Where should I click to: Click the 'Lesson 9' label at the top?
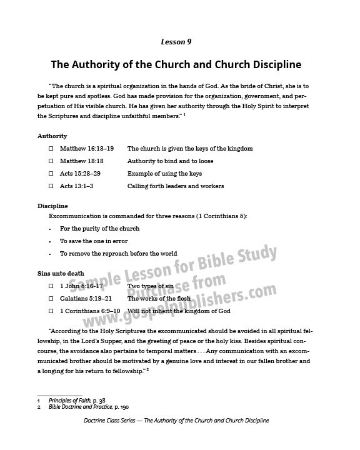179,42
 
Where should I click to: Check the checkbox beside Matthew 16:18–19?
51,149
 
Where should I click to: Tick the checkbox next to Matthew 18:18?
51,161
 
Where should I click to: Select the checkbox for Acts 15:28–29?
51,174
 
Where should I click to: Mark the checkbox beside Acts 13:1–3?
51,186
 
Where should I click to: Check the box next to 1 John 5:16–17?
51,286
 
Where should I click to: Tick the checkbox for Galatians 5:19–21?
51,299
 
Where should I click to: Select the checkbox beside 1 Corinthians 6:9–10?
51,311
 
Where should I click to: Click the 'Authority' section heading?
52,136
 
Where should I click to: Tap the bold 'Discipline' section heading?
52,206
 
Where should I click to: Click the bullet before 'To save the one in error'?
50,241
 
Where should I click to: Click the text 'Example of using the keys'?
164,174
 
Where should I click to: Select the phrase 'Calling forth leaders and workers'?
176,186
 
